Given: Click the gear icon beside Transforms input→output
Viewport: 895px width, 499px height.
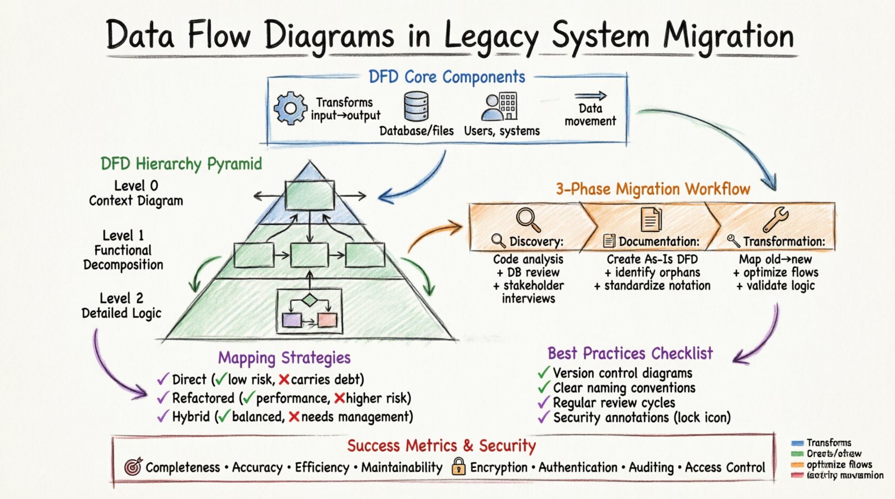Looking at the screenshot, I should point(290,108).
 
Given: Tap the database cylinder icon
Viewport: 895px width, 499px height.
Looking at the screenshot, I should point(416,106).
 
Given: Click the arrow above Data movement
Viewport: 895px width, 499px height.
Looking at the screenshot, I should point(590,96).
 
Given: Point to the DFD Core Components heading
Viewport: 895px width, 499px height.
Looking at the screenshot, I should point(447,77).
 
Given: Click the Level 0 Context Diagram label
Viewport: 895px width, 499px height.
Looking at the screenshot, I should point(136,194).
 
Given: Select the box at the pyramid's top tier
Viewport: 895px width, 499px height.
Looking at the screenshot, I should point(309,195).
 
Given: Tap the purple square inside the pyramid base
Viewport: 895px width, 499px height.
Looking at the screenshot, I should point(292,320).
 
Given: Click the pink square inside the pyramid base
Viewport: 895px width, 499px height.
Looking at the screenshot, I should point(327,320).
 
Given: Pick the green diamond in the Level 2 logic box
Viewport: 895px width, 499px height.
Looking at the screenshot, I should point(309,300).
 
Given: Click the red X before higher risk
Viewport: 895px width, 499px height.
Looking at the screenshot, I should point(339,398).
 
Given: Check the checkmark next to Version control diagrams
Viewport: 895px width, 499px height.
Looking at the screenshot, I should point(544,373).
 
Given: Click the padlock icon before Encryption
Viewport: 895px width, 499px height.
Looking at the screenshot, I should point(458,466).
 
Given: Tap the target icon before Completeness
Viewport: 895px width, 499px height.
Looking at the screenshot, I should point(133,467).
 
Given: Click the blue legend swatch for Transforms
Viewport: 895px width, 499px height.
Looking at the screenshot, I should point(797,443).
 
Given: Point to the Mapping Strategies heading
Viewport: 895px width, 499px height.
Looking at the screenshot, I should point(284,358).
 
